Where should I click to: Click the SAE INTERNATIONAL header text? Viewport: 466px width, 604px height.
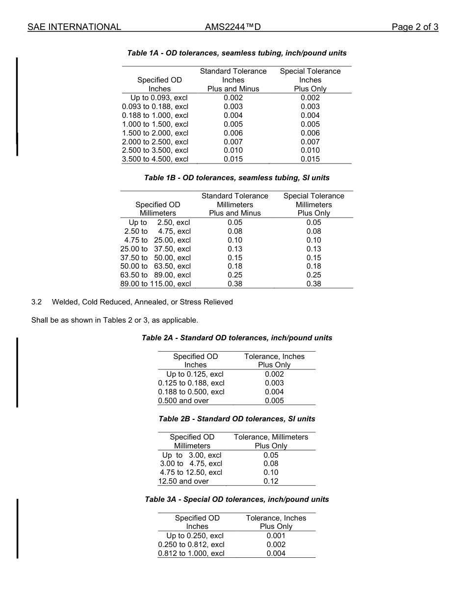pos(74,27)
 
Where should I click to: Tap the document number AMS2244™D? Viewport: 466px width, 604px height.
pos(233,27)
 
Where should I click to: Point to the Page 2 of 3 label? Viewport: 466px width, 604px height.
pos(414,27)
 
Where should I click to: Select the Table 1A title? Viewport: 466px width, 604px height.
pos(237,53)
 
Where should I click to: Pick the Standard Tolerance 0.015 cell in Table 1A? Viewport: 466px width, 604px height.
pos(233,159)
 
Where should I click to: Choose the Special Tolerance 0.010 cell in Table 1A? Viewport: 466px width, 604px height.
pos(310,150)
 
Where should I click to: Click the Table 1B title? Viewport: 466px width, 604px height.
pos(237,178)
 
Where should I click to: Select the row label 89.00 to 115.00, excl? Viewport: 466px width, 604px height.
pos(155,284)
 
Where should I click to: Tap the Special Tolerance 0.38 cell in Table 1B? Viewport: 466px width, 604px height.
pos(313,284)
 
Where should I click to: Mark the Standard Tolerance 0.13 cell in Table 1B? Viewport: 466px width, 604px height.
pos(234,249)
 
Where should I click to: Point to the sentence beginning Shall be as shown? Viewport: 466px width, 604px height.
pos(115,320)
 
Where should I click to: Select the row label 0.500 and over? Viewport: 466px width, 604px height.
pos(183,401)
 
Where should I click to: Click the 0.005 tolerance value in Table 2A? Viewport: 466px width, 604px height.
pos(274,401)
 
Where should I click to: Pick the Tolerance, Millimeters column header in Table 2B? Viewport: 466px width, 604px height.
pos(271,437)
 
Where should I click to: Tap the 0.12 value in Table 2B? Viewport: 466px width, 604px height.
pos(271,481)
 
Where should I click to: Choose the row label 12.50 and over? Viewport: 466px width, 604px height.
pos(183,481)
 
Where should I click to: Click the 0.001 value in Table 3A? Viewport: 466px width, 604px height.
pos(276,536)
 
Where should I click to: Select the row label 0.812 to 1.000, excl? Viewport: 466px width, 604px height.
pos(191,553)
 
